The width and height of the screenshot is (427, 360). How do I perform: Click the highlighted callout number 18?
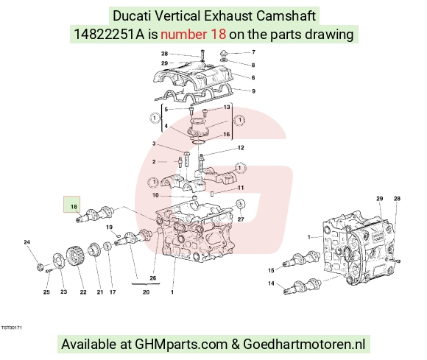point(74,207)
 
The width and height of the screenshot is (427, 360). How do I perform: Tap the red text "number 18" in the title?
point(193,35)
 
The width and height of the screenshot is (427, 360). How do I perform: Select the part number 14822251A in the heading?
point(109,35)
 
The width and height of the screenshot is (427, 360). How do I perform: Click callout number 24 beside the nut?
point(27,241)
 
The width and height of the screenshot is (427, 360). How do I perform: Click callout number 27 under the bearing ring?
point(241,219)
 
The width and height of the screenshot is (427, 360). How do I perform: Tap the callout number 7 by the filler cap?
point(253,52)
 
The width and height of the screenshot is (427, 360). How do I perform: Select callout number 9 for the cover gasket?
point(253,91)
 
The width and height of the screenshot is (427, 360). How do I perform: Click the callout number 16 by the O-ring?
point(227,134)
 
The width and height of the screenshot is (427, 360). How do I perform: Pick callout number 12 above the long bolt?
point(241,147)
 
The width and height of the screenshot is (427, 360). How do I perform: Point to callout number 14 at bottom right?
point(271,283)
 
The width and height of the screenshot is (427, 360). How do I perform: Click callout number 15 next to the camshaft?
point(271,270)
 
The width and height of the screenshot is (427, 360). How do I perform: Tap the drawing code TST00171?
point(12,328)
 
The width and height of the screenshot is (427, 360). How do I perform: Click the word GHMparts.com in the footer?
point(181,344)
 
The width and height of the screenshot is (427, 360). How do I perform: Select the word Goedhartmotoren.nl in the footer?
point(304,344)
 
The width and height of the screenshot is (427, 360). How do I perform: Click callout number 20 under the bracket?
point(146,292)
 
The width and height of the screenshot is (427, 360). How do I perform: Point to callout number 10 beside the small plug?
point(155,195)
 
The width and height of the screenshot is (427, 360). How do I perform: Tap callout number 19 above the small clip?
point(109,227)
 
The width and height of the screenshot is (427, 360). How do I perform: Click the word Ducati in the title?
point(132,15)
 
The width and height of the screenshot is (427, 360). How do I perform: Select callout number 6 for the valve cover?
point(253,77)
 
